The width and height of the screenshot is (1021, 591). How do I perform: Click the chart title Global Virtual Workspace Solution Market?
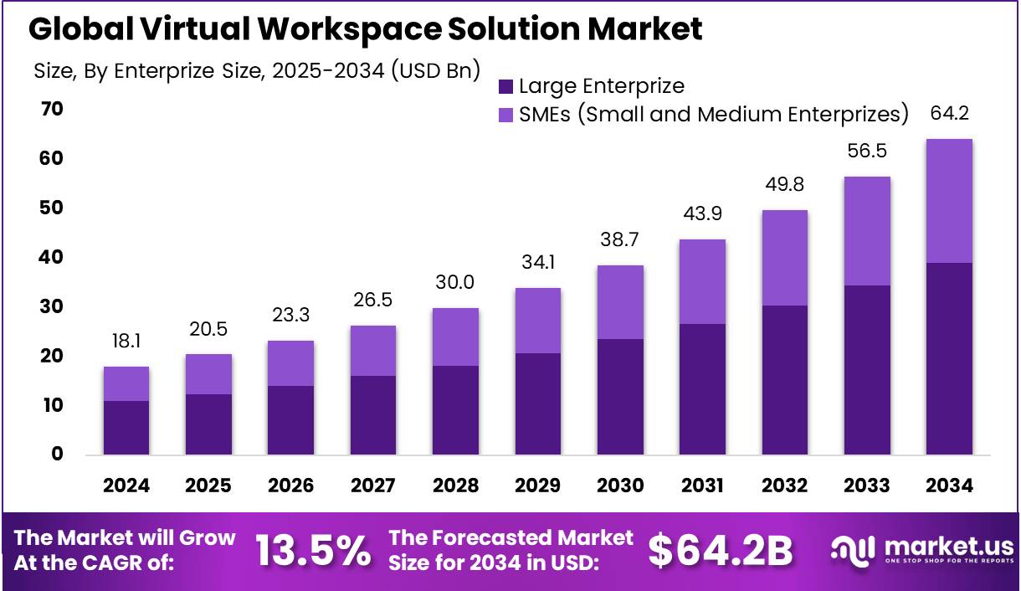tap(366, 30)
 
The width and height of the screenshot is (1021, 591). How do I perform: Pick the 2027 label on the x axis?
tap(373, 486)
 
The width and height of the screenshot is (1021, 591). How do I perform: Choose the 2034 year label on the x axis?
tap(949, 486)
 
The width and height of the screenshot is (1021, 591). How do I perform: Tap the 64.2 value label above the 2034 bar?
tap(949, 114)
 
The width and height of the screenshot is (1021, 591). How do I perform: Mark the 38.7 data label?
tap(620, 239)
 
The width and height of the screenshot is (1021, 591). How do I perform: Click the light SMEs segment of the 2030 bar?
tap(620, 302)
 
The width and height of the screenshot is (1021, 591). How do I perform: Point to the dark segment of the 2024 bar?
tap(126, 428)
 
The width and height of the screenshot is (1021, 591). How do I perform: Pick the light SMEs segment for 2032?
tap(785, 258)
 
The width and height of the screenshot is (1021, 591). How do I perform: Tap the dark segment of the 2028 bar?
tap(455, 410)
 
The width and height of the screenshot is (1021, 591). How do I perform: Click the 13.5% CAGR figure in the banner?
tap(313, 551)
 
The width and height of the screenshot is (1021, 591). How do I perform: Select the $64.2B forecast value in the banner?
tap(721, 551)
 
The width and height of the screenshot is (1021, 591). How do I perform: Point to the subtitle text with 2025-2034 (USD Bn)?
tap(257, 71)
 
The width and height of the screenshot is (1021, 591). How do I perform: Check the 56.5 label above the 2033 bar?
tap(867, 152)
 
